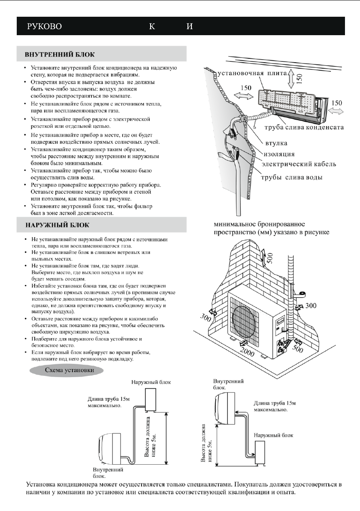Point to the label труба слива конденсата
coord(310,128)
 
